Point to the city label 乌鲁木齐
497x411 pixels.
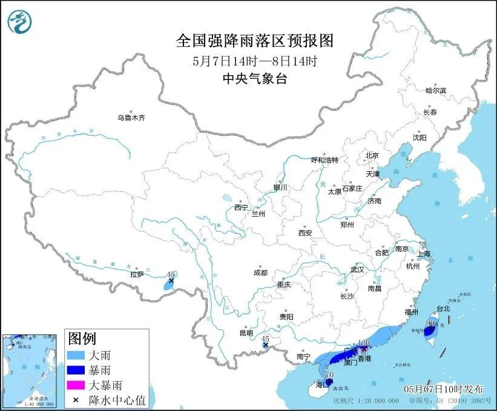click(x=131, y=118)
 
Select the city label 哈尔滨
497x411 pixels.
click(x=435, y=90)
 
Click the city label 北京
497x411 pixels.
click(x=372, y=156)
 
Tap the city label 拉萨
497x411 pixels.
click(x=137, y=274)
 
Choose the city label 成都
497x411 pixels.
click(x=260, y=272)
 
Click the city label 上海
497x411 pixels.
click(x=422, y=254)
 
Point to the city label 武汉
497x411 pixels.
click(x=357, y=269)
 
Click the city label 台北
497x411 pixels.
click(x=444, y=308)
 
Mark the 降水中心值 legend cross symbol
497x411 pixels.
click(x=77, y=399)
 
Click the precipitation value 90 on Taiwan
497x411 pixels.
click(x=430, y=323)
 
